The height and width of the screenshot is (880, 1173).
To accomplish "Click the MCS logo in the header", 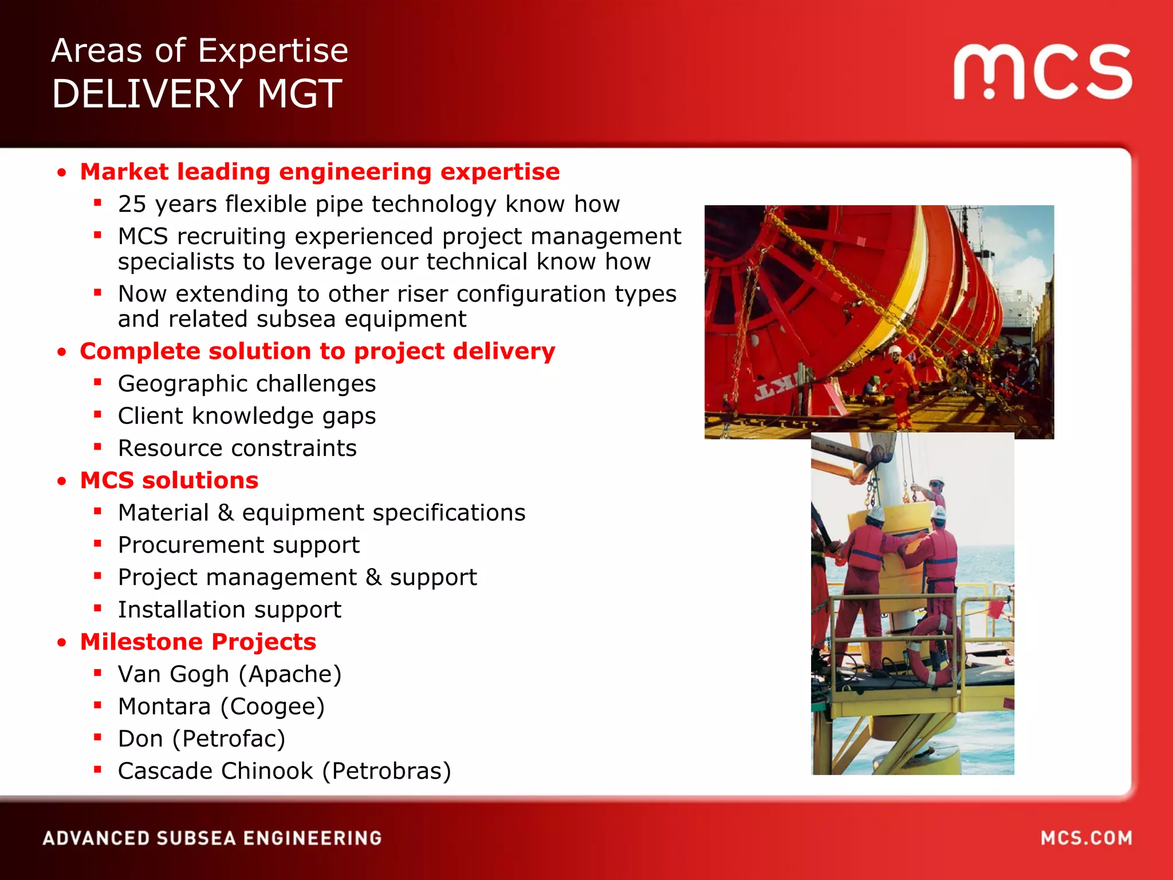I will coord(1042,71).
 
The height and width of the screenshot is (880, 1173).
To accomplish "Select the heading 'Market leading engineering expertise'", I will coord(320,172).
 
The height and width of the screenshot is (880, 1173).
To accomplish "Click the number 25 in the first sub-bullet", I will coord(132,205).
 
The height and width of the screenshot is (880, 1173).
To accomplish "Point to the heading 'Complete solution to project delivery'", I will coord(317,351).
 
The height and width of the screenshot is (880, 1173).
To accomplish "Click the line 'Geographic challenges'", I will coord(247,384).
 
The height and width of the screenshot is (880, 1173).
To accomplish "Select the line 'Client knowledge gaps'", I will coord(247,416).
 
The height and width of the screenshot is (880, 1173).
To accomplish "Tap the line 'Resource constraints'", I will coord(237,448).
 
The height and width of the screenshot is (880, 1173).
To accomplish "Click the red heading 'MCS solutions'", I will coord(169,480).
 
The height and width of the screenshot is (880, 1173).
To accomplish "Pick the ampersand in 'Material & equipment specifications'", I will coord(225,513).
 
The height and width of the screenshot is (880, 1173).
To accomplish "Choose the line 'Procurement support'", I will coord(239,545).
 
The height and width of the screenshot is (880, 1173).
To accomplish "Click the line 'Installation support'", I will coord(230,610).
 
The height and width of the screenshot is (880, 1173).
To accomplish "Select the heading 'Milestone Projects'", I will coord(198,642).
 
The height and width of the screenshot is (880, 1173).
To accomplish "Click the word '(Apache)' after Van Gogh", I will coord(290,674).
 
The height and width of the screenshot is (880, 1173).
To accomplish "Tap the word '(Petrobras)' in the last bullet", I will coord(387,771).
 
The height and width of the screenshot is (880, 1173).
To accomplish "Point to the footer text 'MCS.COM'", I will coord(1086,838).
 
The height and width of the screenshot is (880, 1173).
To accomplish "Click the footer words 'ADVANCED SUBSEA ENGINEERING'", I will coord(212,838).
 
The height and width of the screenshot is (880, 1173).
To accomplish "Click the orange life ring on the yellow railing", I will coord(931,653).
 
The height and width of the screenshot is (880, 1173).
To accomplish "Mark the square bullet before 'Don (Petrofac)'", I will coord(98,737).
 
